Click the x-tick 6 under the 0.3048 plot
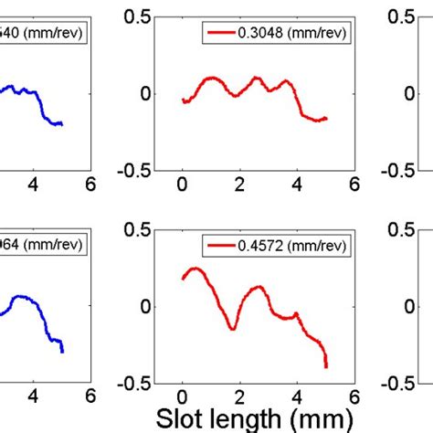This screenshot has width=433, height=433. point(353,184)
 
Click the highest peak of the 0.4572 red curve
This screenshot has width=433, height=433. point(194,269)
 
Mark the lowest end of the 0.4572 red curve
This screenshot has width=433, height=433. point(326,366)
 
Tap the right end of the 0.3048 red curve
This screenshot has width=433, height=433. point(326,118)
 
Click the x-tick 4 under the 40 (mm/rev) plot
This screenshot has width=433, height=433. point(34,184)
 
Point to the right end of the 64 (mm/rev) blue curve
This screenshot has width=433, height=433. point(62,351)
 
